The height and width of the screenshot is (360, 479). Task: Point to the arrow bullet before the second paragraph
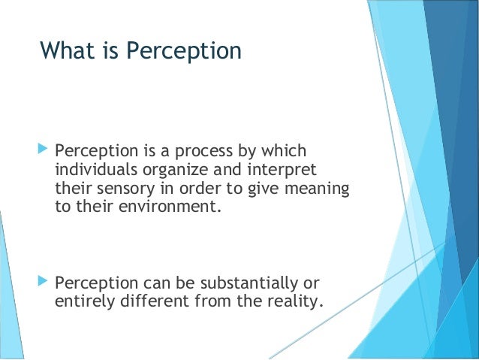tap(42, 283)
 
